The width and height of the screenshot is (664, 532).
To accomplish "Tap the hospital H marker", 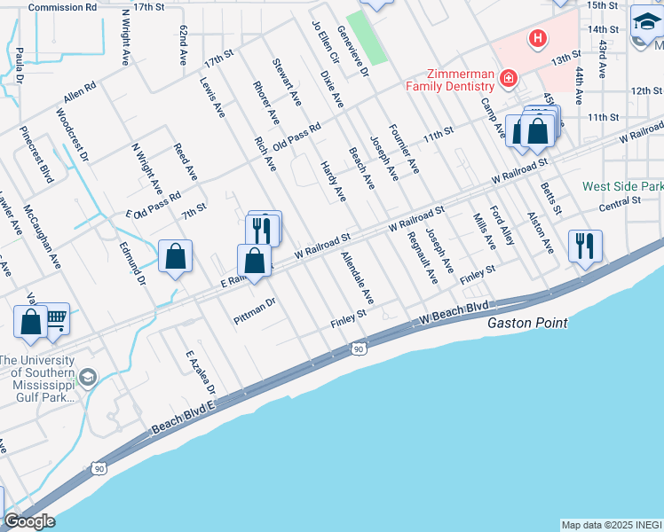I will click(x=537, y=37).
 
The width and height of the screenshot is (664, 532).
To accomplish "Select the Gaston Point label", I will click(x=527, y=324).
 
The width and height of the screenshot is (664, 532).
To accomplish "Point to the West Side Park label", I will click(x=622, y=187).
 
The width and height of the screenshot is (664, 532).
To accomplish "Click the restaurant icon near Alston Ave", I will click(x=585, y=245).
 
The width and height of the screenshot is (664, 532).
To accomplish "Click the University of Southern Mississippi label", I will click(x=40, y=378).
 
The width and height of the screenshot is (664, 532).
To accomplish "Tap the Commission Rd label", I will click(x=62, y=7).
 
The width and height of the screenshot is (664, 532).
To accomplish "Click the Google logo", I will click(x=29, y=521).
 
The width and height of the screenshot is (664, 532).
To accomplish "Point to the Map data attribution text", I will click(x=611, y=525).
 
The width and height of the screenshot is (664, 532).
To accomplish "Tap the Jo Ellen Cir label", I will click(x=327, y=41).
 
